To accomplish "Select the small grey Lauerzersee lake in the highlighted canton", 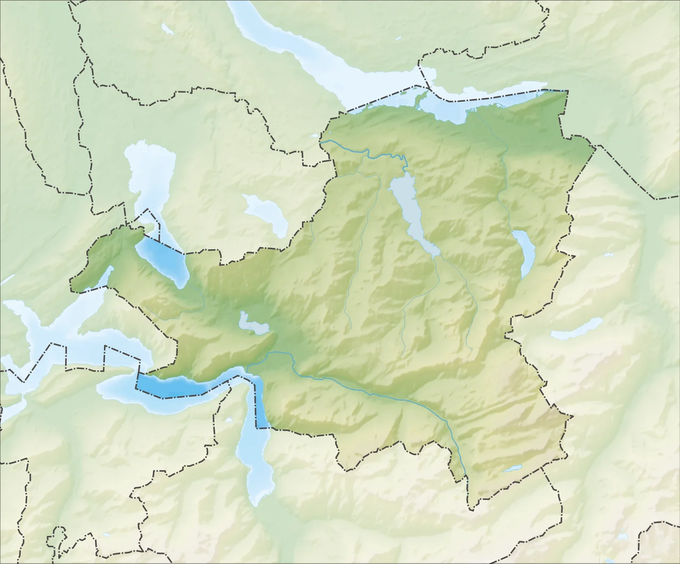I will pos(253,323).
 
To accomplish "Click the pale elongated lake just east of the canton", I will pos(576,329).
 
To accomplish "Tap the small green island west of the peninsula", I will pos(404,93).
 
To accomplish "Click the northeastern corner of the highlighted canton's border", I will pos(566,91).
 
